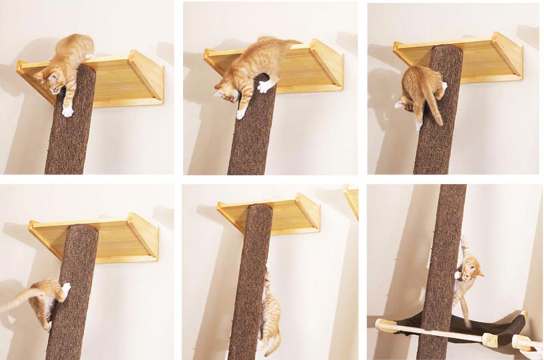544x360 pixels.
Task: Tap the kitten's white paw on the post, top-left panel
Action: [x=68, y=111]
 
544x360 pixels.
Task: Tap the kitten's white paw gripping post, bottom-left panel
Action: [x=66, y=288]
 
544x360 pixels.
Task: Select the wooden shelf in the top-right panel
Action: [x=486, y=58]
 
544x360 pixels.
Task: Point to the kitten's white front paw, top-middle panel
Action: [x=263, y=87]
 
